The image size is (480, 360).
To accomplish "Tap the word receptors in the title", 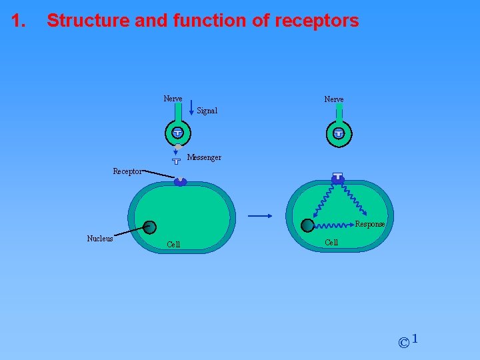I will pyautogui.click(x=314, y=21).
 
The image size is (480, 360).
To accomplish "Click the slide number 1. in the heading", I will pyautogui.click(x=19, y=21).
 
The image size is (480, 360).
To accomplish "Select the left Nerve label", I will pyautogui.click(x=173, y=99).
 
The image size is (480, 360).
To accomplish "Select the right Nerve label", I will pyautogui.click(x=334, y=99).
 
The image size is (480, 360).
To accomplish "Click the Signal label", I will pyautogui.click(x=207, y=111).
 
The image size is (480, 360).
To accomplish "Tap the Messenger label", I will pyautogui.click(x=204, y=158).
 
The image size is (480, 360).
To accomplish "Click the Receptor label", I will pyautogui.click(x=127, y=172).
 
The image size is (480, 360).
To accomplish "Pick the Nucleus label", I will pyautogui.click(x=100, y=239).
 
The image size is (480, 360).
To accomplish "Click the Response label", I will pyautogui.click(x=370, y=225).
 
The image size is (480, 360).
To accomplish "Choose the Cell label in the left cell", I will pyautogui.click(x=173, y=245).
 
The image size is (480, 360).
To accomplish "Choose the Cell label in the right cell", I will pyautogui.click(x=331, y=243).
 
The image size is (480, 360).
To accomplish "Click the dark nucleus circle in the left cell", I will pyautogui.click(x=150, y=227).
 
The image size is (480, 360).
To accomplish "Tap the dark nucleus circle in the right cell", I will pyautogui.click(x=307, y=226).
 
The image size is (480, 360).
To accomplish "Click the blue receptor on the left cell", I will pyautogui.click(x=180, y=181).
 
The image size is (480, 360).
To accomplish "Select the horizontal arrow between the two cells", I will pyautogui.click(x=260, y=215).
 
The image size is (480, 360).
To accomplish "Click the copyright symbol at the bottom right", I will pyautogui.click(x=403, y=343).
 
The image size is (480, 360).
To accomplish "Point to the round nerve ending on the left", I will pyautogui.click(x=177, y=133).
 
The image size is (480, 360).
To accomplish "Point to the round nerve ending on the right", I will pyautogui.click(x=339, y=134).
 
